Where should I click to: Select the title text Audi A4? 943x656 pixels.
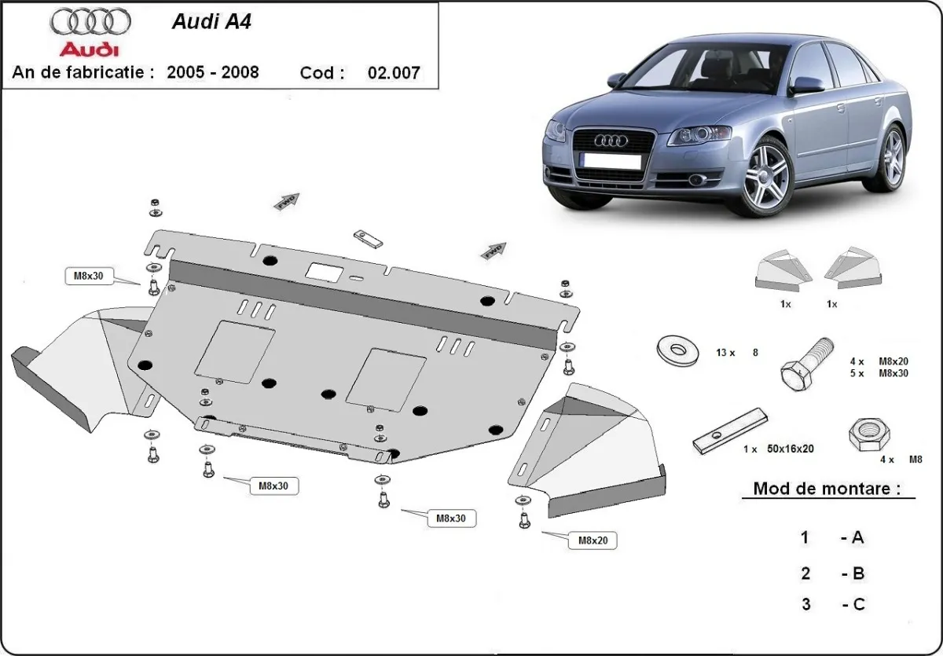tap(211, 21)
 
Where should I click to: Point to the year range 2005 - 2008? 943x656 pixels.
tap(213, 72)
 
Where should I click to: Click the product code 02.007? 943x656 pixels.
tap(394, 73)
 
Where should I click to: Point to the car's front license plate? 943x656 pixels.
tap(608, 161)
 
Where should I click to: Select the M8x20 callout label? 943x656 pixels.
tap(596, 541)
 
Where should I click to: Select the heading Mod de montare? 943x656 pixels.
tap(827, 488)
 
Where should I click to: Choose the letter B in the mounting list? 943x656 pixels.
tap(857, 574)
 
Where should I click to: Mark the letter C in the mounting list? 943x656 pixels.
tap(857, 604)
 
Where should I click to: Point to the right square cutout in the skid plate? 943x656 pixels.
tap(386, 380)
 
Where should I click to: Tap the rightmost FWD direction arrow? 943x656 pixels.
tap(494, 251)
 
